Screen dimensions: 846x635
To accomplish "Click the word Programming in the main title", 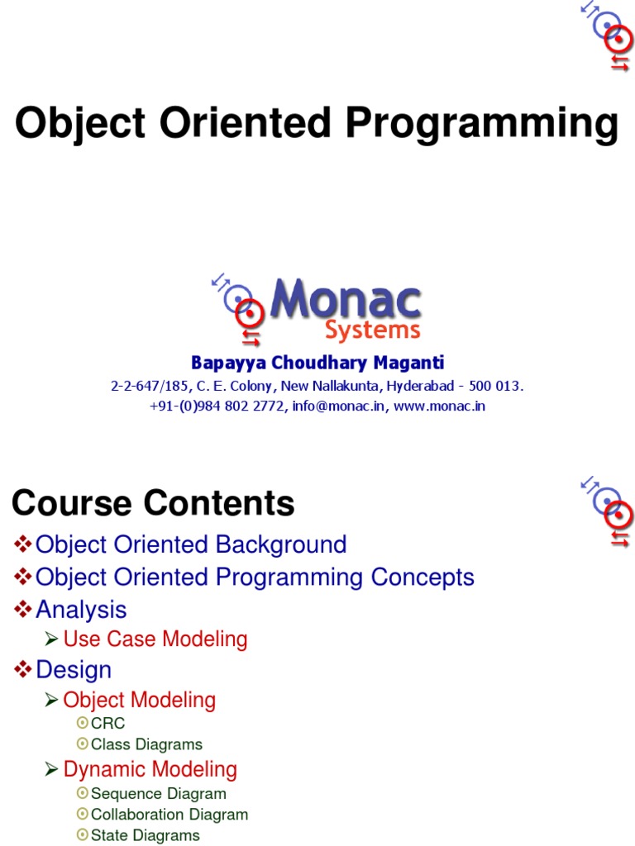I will pos(481,125).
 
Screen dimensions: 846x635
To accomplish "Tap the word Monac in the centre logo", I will pos(346,301).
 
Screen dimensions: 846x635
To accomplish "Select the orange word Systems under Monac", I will pos(372,331).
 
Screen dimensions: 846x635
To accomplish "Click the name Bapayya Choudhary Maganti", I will pos(317,363).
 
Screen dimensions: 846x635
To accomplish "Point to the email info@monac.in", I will pos(338,406).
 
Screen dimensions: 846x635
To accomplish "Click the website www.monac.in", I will pos(439,406).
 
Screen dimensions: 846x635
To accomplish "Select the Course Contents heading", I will pos(153,503).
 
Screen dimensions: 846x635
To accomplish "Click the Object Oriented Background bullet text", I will pos(191,544).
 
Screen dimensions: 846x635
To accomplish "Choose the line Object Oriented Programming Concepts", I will pos(255,577).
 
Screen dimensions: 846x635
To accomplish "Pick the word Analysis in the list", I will pos(81,610).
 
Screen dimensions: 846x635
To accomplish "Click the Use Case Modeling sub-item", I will pos(155,639).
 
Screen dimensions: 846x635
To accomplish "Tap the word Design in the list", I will pos(74,669).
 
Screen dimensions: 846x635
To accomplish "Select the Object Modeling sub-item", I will pos(139,700).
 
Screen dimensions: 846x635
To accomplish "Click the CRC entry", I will pos(107,724).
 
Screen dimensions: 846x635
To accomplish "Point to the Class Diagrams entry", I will pos(146,744).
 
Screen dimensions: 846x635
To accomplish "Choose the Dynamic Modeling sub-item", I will pos(150,769).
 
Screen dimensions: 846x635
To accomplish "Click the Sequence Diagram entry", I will pos(158,794).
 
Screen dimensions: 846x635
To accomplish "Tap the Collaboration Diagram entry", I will pos(169,815).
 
